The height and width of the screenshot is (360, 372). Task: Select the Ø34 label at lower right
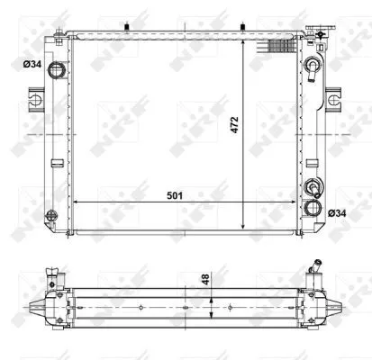coord(338,211)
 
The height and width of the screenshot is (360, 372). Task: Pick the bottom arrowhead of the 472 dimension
coord(244,227)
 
